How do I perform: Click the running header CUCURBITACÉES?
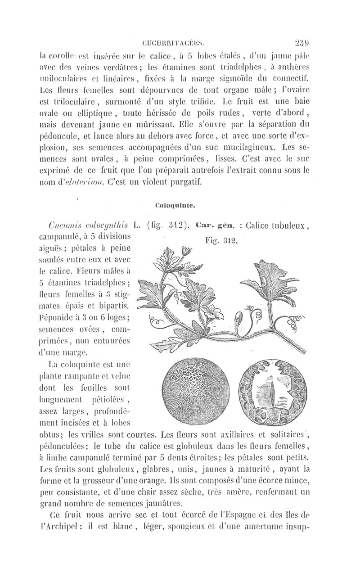pos(173,44)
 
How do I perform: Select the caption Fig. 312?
pos(221,241)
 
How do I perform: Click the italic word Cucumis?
pos(67,225)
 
